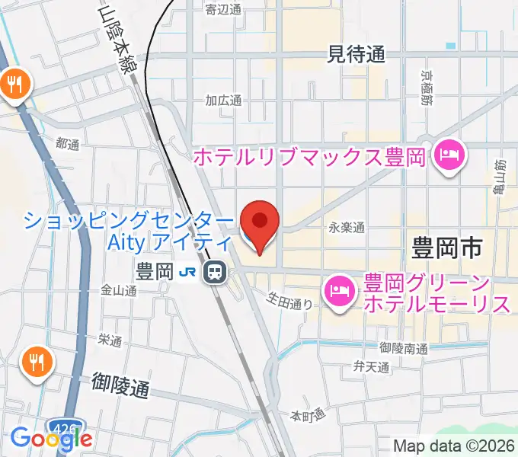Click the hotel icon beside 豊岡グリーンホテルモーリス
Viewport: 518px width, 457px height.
click(x=338, y=291)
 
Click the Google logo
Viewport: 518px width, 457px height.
click(x=51, y=438)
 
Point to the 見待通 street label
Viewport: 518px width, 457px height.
click(x=356, y=53)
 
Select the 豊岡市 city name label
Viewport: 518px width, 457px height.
click(x=448, y=248)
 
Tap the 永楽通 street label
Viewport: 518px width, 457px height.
click(x=347, y=227)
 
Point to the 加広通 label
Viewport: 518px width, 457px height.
click(x=223, y=101)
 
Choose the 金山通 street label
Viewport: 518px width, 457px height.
click(x=118, y=290)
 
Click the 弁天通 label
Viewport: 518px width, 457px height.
click(x=371, y=368)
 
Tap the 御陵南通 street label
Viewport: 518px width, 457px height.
click(x=401, y=348)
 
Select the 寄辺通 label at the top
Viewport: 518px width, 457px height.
click(x=223, y=9)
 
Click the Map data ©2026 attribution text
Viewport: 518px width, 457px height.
click(x=455, y=446)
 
